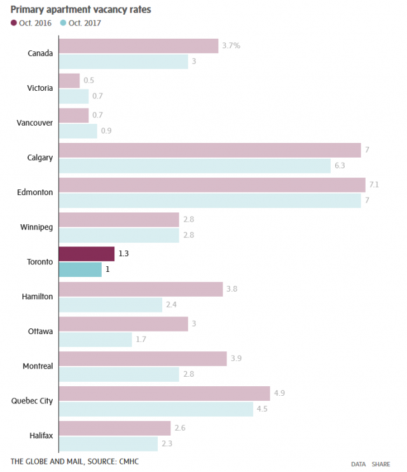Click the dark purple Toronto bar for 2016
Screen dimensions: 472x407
[86, 254]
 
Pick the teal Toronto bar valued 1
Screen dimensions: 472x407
[80, 270]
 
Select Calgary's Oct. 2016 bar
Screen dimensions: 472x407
[209, 150]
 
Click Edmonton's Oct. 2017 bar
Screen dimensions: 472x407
[209, 200]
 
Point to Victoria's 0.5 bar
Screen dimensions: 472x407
[69, 81]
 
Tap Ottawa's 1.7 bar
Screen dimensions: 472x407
[95, 339]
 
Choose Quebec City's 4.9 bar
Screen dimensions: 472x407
[164, 393]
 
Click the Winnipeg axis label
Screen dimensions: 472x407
[37, 227]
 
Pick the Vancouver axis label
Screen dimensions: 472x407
[34, 123]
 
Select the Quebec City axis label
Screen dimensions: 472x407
[32, 401]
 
